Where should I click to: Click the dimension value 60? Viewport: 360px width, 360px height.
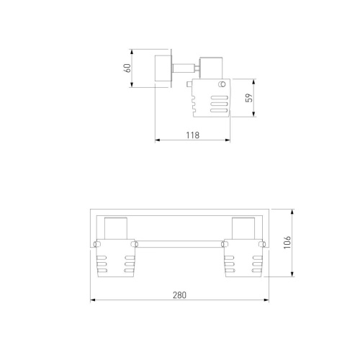[x=127, y=68]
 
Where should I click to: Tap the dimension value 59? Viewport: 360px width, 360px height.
[x=249, y=98]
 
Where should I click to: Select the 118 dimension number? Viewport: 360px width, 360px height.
[x=193, y=135]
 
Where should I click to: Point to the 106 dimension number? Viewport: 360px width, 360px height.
[x=287, y=243]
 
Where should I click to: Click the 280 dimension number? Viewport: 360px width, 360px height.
[x=179, y=295]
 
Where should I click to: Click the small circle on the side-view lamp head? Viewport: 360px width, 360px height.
[x=222, y=84]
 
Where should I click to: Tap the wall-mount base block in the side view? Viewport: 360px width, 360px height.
[x=163, y=68]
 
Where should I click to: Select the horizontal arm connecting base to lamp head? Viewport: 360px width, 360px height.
[x=184, y=68]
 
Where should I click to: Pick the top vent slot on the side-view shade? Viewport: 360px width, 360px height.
[x=219, y=98]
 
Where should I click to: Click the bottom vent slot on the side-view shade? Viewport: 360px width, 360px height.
[x=219, y=110]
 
